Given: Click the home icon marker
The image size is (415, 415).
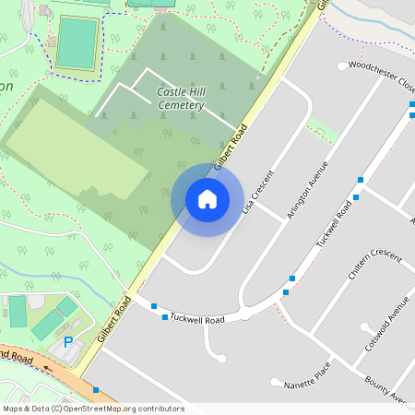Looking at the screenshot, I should [x=207, y=199].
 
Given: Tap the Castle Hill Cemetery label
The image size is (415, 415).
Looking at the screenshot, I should [x=180, y=99].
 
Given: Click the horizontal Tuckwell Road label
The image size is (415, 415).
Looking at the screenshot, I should [x=201, y=320].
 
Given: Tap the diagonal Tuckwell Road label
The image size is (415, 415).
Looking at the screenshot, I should [x=335, y=223].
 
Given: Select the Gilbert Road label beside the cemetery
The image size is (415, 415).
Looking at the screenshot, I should [x=231, y=148].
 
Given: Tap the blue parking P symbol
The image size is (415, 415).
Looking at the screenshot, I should [x=67, y=342].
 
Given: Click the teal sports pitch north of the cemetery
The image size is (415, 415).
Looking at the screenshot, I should [x=77, y=42].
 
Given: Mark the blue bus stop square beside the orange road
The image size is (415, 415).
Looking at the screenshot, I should [x=96, y=390].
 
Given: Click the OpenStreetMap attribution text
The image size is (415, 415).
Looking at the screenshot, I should [x=92, y=409].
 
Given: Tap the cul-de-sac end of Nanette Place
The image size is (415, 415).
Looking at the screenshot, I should [x=274, y=382].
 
